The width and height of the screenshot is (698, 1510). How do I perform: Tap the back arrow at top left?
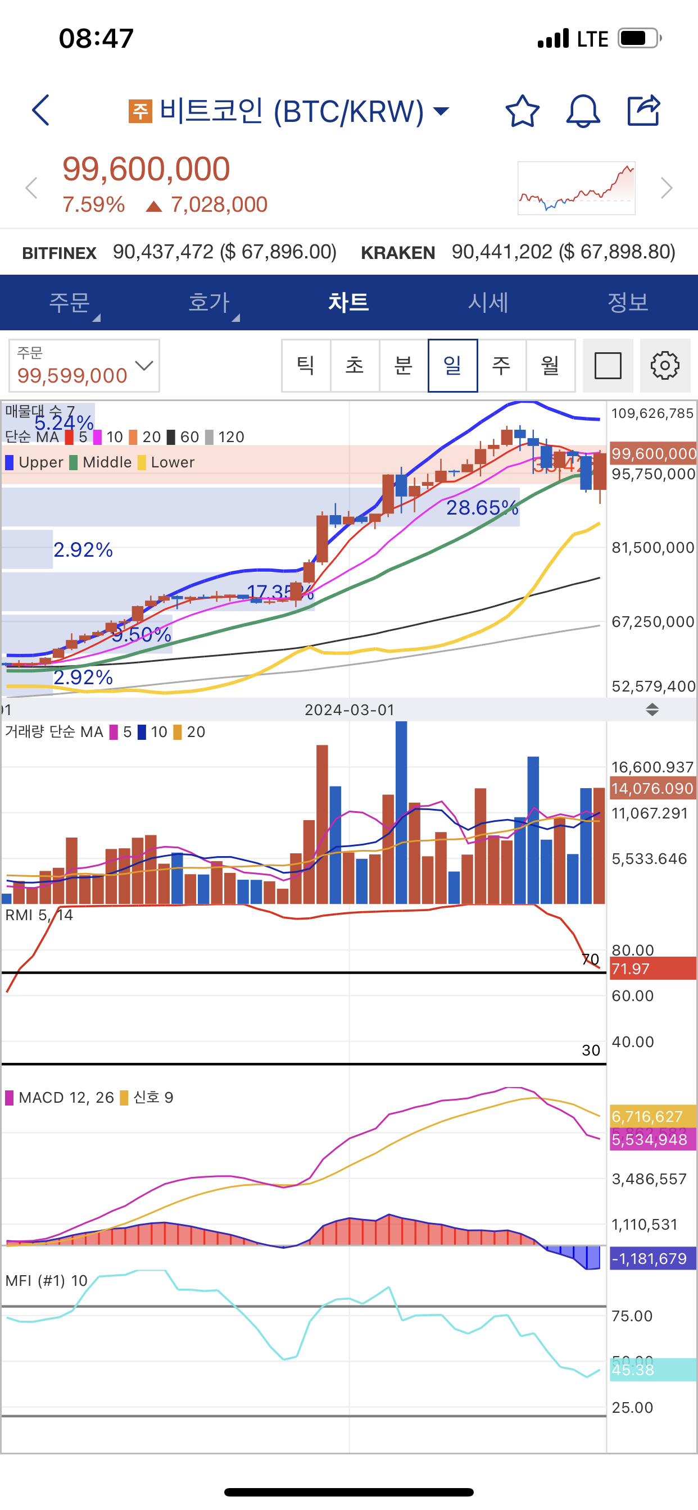click(x=40, y=110)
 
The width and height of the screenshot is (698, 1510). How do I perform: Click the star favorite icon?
click(x=522, y=111)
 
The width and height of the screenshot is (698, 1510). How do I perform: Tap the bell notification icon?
click(x=582, y=111)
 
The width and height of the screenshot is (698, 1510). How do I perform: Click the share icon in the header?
click(x=643, y=110)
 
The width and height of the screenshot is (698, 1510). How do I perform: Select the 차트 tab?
click(x=348, y=302)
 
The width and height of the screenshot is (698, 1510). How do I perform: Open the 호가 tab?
click(x=210, y=302)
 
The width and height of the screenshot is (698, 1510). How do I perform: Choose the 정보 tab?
click(x=628, y=302)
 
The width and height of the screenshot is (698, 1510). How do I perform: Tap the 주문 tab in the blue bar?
click(x=69, y=302)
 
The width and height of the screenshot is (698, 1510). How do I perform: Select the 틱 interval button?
click(x=306, y=366)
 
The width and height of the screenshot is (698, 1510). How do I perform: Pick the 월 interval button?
click(x=550, y=366)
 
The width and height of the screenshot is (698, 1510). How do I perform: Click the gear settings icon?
click(x=665, y=366)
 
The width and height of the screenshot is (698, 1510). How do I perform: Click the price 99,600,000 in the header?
click(x=146, y=169)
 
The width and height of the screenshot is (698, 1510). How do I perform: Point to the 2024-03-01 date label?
click(x=350, y=710)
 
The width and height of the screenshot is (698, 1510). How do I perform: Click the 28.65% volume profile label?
click(x=482, y=508)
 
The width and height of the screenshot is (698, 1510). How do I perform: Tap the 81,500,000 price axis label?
click(x=652, y=548)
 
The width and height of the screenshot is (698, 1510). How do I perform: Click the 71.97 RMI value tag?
click(x=652, y=969)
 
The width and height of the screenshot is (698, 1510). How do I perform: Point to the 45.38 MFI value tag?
click(x=652, y=1370)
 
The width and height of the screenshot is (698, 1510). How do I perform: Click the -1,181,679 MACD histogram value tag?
click(x=652, y=1258)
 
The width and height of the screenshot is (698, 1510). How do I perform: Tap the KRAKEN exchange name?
click(x=398, y=253)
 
